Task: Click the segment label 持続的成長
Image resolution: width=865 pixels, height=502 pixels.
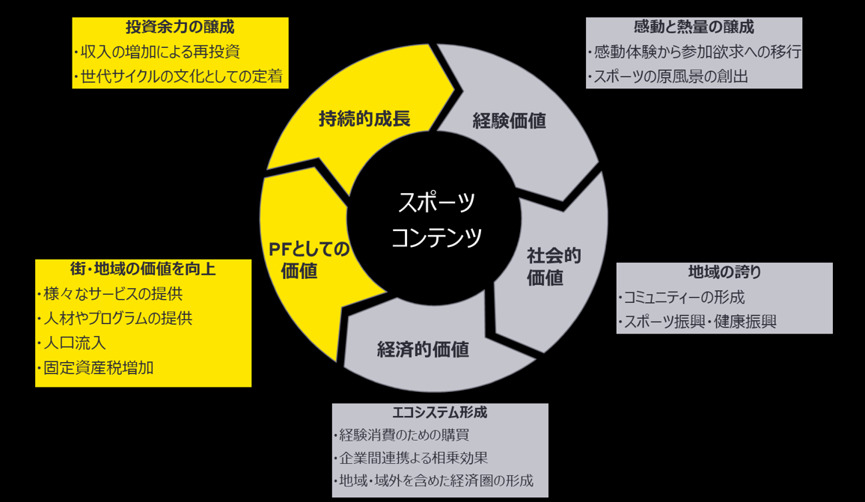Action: [364, 118]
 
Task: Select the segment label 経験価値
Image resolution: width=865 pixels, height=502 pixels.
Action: [509, 120]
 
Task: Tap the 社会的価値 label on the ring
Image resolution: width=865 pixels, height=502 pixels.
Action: [554, 267]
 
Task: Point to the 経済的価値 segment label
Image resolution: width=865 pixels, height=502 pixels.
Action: [423, 349]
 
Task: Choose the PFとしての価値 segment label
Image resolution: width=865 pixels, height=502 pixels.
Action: [309, 260]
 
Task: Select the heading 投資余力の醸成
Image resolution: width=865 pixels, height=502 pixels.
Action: [180, 28]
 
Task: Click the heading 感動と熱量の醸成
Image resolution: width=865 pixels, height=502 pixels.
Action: [694, 27]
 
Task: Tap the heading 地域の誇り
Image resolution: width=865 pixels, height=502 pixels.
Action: [724, 272]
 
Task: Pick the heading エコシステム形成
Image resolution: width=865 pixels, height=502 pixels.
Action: [439, 413]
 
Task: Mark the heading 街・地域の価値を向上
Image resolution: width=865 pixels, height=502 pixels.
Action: [143, 269]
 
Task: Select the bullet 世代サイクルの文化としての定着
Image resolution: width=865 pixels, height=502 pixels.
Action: [180, 76]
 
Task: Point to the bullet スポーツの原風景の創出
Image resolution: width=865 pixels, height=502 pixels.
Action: [668, 76]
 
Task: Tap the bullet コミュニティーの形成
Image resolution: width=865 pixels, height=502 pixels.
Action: [682, 297]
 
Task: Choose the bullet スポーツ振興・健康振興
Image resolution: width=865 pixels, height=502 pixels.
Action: [698, 322]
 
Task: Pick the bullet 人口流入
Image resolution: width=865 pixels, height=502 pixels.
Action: [72, 343]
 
